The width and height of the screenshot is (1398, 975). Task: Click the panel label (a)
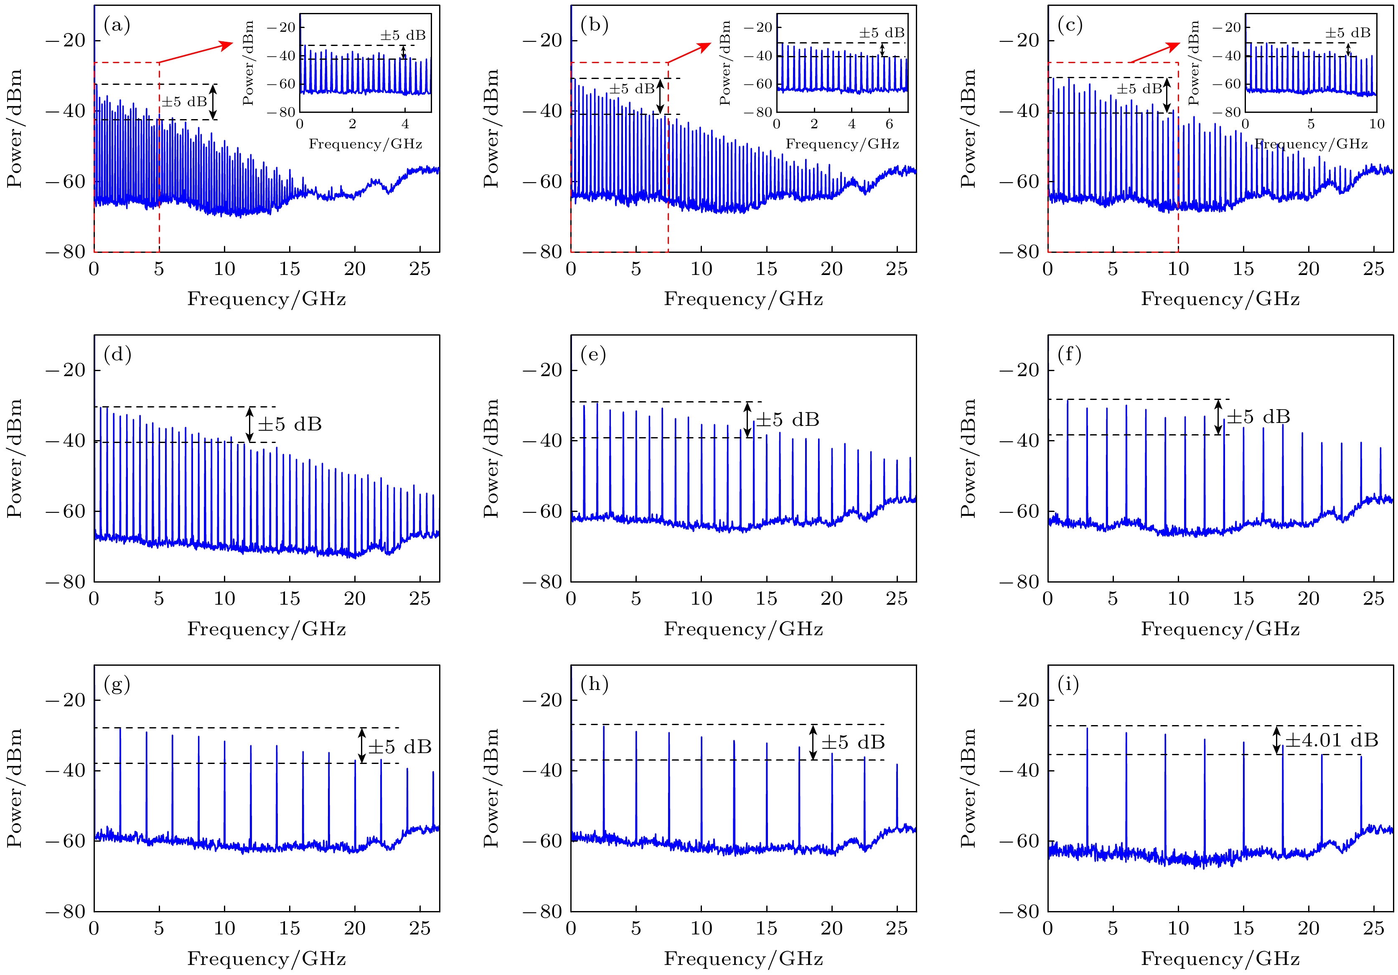(x=117, y=25)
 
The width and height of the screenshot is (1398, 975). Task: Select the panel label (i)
(x=1069, y=685)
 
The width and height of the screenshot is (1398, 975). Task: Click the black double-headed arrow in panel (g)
(x=362, y=746)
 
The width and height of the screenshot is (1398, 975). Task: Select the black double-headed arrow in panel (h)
(x=813, y=742)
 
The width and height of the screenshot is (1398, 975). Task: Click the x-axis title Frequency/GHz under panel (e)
(x=743, y=629)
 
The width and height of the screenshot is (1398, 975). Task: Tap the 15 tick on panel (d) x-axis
(x=289, y=598)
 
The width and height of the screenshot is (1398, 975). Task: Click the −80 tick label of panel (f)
(x=1019, y=582)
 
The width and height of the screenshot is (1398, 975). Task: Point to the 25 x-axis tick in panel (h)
(x=896, y=928)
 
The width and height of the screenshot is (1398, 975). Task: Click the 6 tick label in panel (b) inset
(x=889, y=124)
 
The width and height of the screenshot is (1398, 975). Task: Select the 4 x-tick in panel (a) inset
(x=405, y=124)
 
